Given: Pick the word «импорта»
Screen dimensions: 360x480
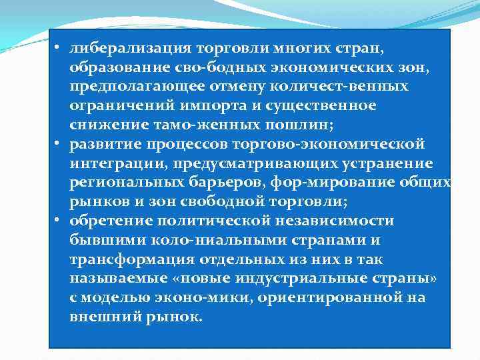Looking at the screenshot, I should (x=225, y=106).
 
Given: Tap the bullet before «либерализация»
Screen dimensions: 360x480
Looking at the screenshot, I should (x=58, y=49).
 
